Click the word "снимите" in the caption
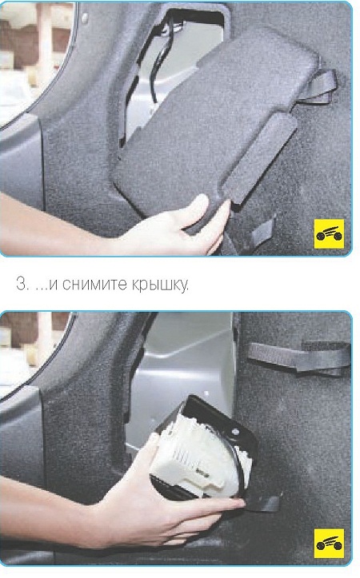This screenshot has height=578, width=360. [x=91, y=285]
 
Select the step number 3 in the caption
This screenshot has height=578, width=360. [x=22, y=285]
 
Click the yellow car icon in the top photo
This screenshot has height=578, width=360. [x=329, y=233]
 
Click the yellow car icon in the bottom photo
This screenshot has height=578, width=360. [x=329, y=544]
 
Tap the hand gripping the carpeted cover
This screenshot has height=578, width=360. [x=177, y=227]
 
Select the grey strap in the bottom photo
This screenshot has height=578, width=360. [x=299, y=357]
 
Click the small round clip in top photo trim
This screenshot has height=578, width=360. [x=85, y=17]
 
